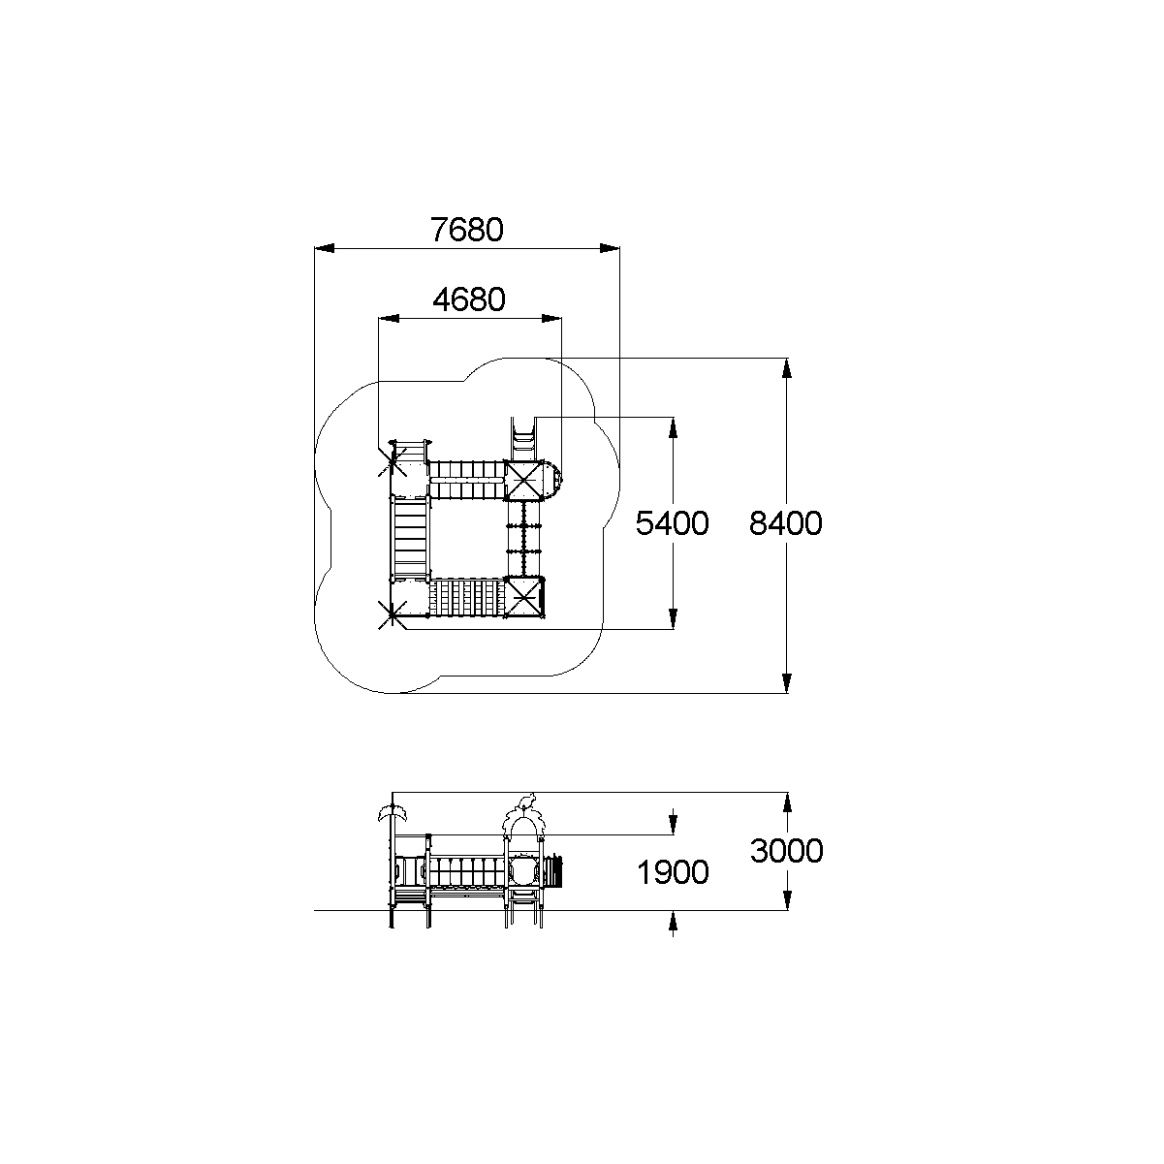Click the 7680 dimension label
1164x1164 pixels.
tap(466, 230)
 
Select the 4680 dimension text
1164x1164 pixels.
tap(469, 299)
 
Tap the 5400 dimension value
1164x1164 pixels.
tap(672, 523)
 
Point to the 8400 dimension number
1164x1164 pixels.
tap(785, 523)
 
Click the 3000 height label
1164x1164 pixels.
tap(786, 851)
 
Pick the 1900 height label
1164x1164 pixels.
tap(673, 872)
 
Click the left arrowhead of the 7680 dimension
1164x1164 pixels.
tap(325, 248)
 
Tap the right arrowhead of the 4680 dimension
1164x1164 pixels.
tap(551, 318)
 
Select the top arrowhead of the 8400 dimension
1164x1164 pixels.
tap(786, 368)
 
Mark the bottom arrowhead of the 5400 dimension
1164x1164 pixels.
tap(674, 619)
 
